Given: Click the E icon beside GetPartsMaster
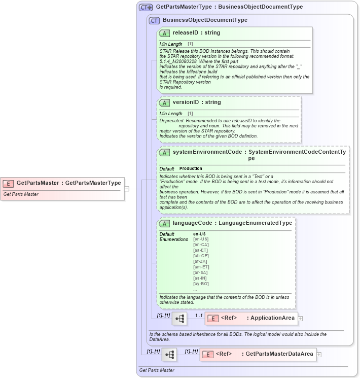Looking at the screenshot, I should (x=9, y=183).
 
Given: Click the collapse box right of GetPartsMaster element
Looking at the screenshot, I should (x=127, y=189).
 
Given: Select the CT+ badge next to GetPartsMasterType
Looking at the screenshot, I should (x=146, y=7).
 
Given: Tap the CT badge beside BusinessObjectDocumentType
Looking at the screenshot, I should (x=154, y=20).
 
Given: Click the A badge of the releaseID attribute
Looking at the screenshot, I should (x=164, y=33).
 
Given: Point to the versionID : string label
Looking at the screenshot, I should (x=196, y=102).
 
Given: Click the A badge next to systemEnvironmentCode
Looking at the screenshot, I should (x=164, y=152).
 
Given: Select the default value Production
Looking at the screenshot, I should (x=191, y=168).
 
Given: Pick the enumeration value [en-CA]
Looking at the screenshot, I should (x=201, y=245).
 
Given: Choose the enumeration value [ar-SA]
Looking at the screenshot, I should (x=201, y=272).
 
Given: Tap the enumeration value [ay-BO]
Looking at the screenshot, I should (x=201, y=284).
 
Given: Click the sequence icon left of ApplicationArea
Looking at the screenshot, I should (x=179, y=319).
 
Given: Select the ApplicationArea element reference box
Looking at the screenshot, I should (x=251, y=318).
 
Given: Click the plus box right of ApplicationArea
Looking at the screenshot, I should (x=301, y=319).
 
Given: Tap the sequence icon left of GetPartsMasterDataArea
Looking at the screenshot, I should (x=169, y=354).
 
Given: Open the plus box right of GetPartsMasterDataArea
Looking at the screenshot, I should (x=319, y=354).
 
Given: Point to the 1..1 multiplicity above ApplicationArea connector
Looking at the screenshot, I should (x=199, y=315).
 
